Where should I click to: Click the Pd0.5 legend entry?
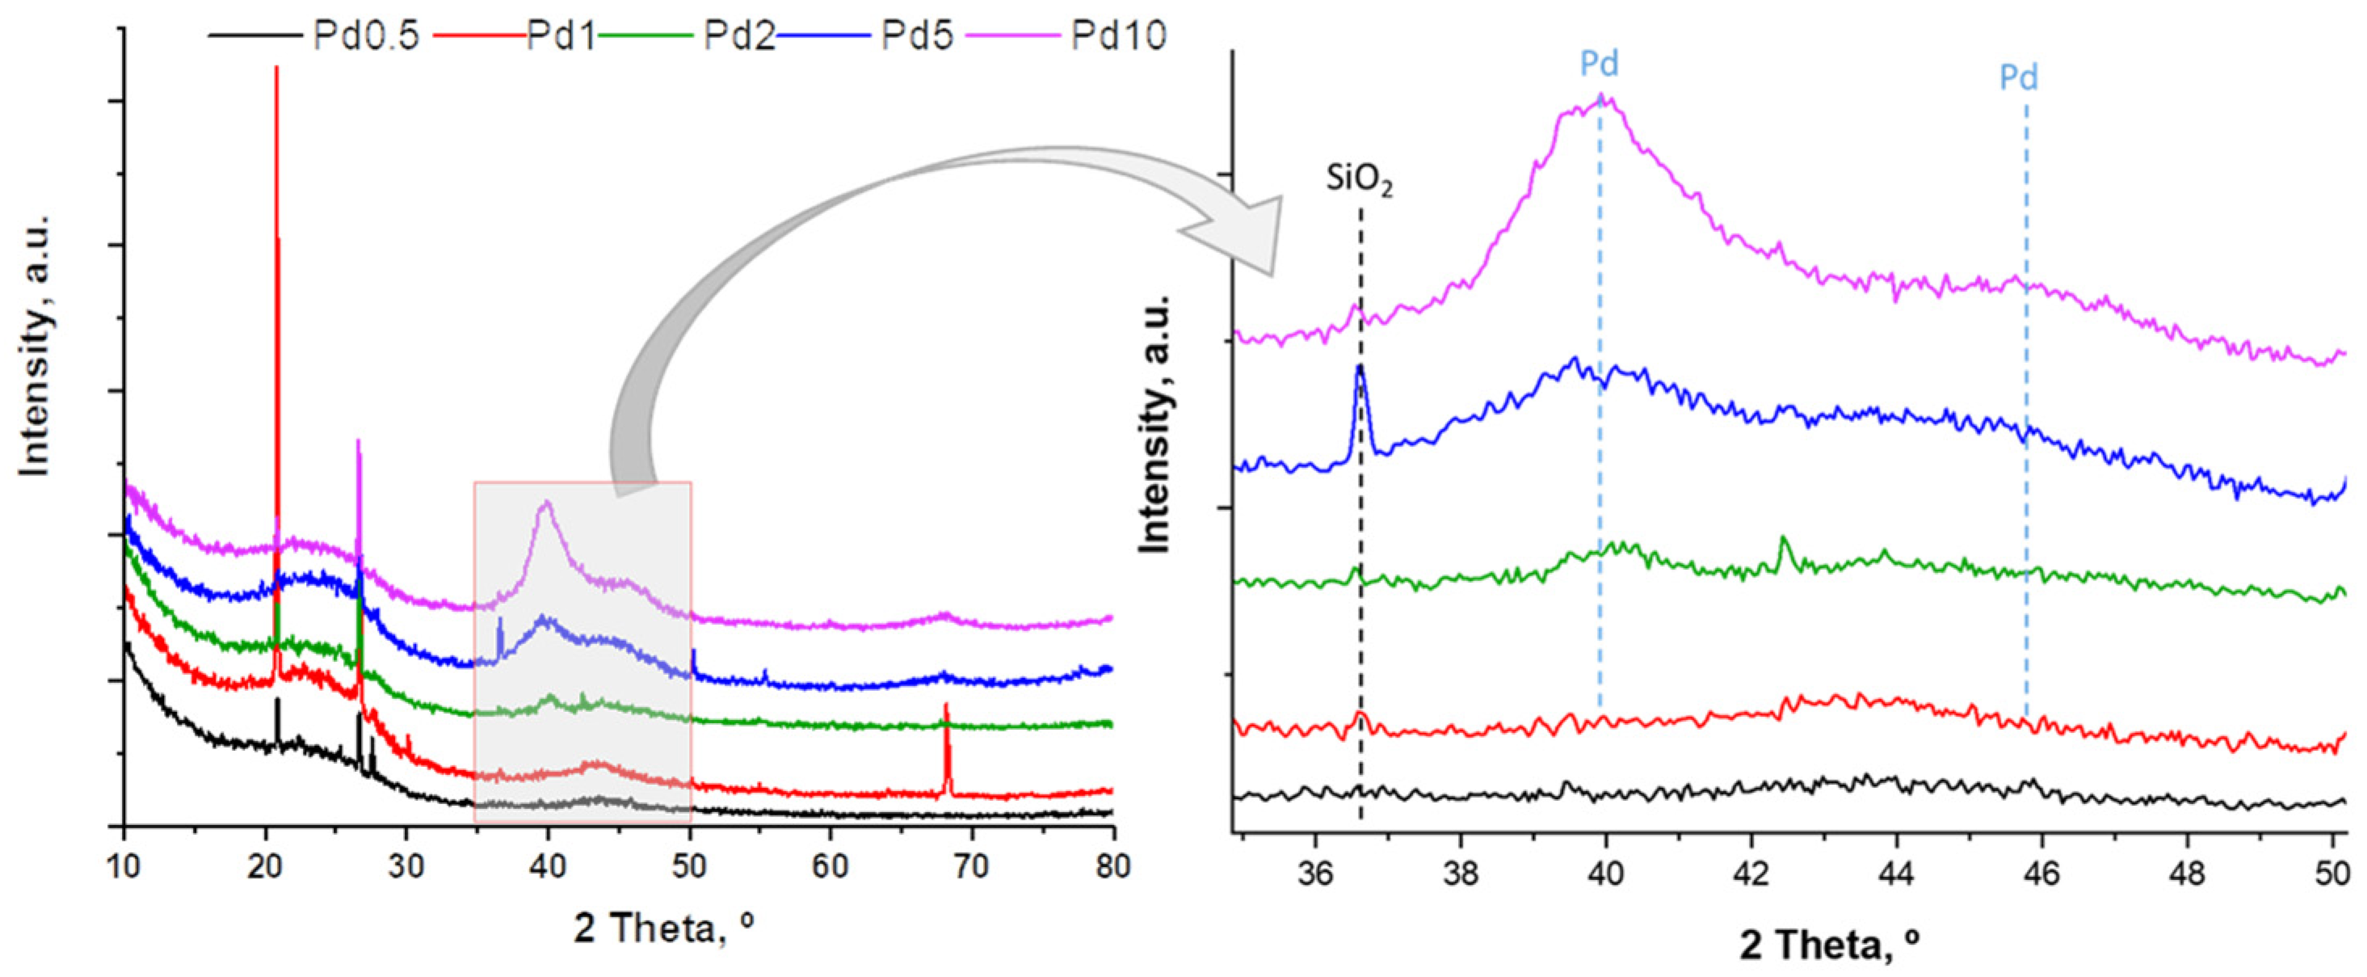pyautogui.click(x=366, y=36)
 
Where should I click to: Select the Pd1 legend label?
pyautogui.click(x=561, y=36)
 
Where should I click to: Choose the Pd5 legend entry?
pyautogui.click(x=917, y=36)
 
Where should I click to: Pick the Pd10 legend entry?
pyautogui.click(x=1118, y=36)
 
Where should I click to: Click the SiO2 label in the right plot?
pyautogui.click(x=1359, y=180)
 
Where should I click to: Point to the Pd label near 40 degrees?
pyautogui.click(x=1599, y=65)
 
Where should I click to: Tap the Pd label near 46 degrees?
pyautogui.click(x=2019, y=78)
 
